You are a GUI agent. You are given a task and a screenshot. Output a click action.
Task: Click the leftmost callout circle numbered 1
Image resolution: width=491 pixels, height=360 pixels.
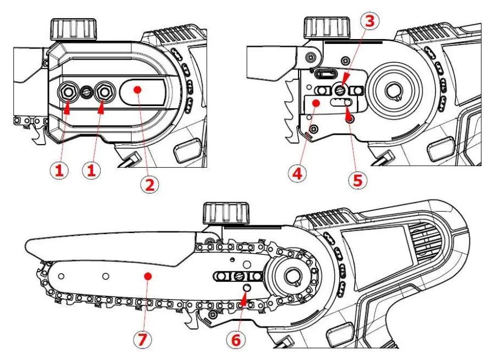tap(60, 171)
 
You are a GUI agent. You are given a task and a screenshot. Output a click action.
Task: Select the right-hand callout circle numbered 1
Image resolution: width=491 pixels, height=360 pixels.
tap(92, 171)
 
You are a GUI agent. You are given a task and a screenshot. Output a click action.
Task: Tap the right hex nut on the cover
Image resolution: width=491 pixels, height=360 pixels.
tap(102, 92)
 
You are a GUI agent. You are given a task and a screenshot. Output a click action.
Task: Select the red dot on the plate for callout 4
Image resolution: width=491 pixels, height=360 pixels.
tap(315, 102)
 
